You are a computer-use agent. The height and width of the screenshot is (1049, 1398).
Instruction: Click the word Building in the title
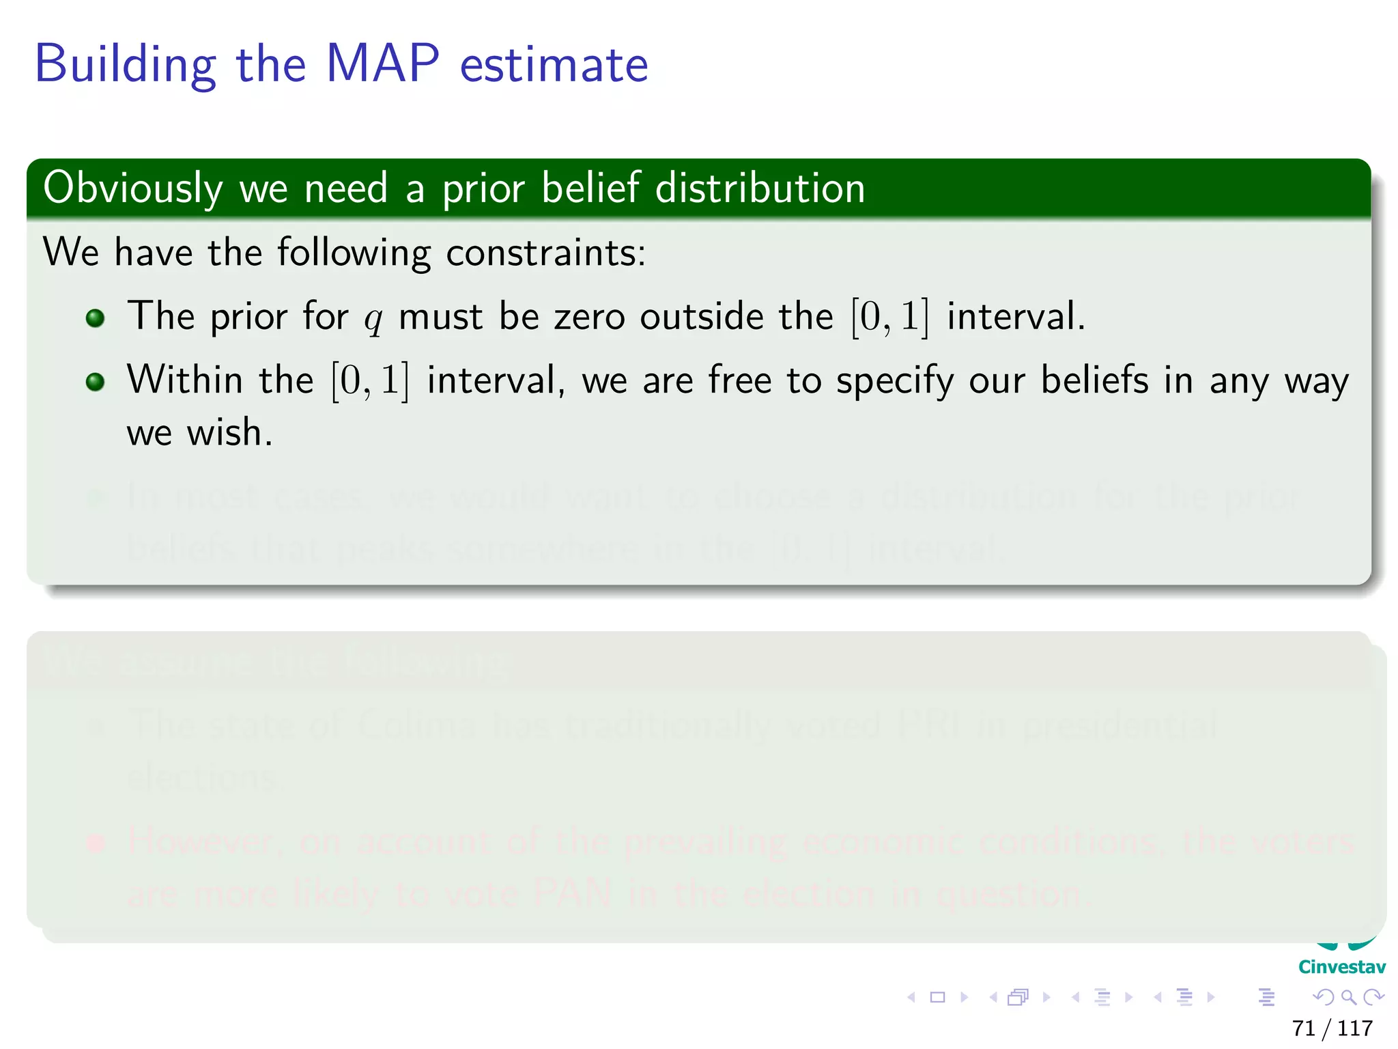click(125, 66)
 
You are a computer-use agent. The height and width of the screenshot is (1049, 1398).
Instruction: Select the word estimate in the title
click(554, 66)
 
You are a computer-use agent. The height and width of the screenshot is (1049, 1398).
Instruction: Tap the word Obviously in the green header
click(133, 188)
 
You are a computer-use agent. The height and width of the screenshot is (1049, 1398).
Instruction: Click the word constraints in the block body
click(545, 253)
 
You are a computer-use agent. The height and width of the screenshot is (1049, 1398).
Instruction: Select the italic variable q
click(373, 318)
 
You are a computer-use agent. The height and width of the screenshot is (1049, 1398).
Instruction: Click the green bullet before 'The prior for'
click(96, 318)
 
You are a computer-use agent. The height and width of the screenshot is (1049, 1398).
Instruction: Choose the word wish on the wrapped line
click(229, 432)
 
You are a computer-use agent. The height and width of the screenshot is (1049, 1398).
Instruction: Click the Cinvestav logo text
click(1341, 966)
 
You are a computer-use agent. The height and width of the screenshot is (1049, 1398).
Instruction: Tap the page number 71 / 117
click(1332, 1028)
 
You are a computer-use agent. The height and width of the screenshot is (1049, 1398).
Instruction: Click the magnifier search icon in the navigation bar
click(1348, 997)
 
